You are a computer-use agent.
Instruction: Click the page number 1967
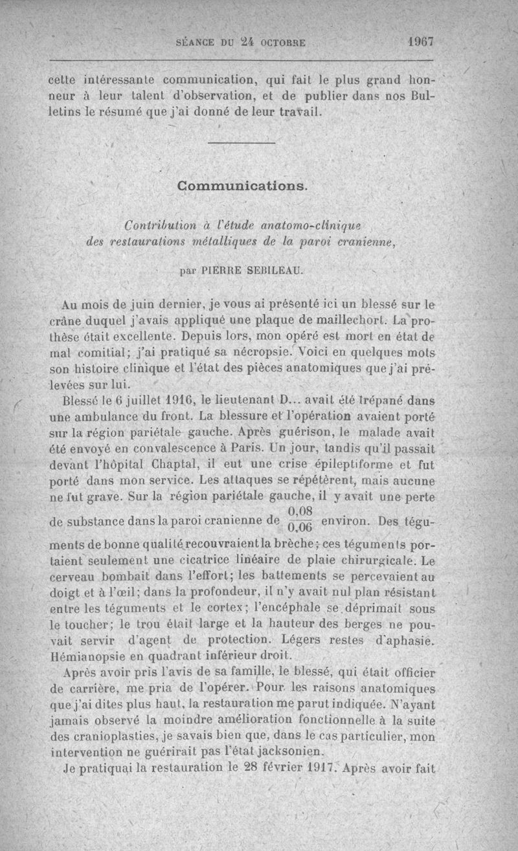point(420,41)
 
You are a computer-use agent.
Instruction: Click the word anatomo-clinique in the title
point(304,225)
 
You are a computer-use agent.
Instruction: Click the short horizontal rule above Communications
point(242,142)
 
